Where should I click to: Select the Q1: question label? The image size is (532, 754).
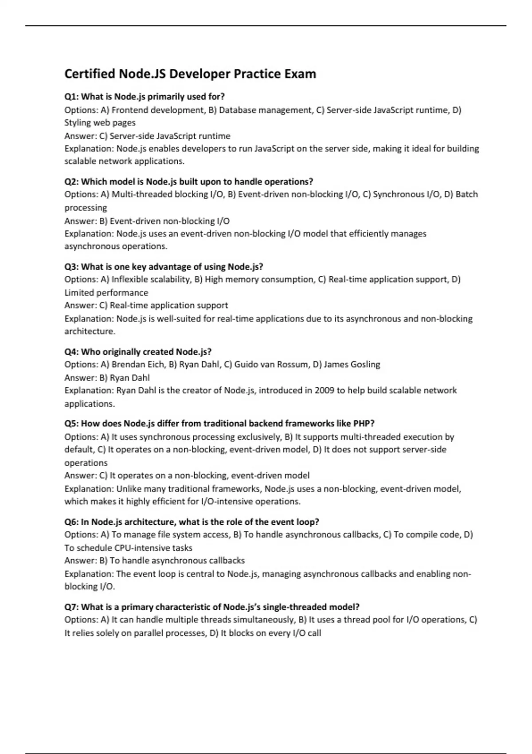[x=71, y=97]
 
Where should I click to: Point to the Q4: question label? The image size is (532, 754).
[x=71, y=352]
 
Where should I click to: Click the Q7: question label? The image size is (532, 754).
[x=71, y=607]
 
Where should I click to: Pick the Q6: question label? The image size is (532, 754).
[x=71, y=522]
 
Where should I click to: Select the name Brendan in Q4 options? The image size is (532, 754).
[x=128, y=365]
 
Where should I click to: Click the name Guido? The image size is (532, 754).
[x=246, y=365]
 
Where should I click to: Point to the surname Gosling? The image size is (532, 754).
[x=365, y=365]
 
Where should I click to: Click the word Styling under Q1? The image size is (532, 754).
[x=78, y=123]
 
